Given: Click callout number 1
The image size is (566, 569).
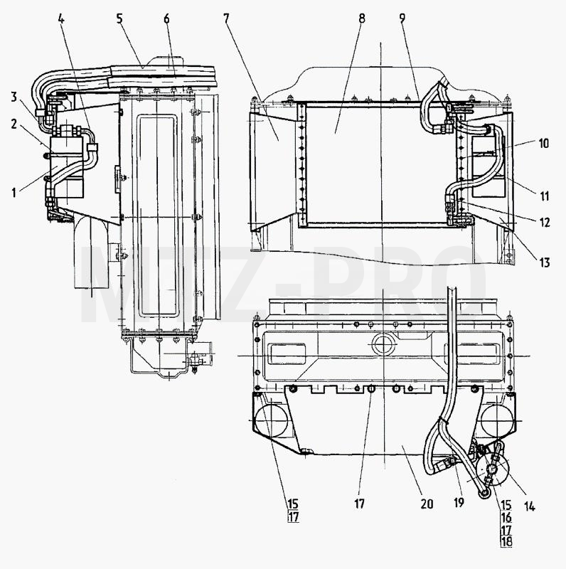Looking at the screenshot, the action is (x=14, y=193).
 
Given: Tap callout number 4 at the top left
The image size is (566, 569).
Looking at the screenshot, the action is (x=61, y=19).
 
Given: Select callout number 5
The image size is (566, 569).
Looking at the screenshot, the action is (x=119, y=19).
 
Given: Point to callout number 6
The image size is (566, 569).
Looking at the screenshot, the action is (x=166, y=19).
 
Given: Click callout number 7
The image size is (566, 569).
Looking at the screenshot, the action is (x=227, y=19).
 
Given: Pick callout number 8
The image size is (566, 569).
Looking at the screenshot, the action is (x=362, y=19).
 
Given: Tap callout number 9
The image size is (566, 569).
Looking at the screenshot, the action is (x=402, y=19).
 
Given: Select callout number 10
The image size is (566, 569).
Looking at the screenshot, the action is (x=543, y=144).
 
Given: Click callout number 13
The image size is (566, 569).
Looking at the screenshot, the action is (x=544, y=262).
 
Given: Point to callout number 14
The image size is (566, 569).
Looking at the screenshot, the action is (x=529, y=506).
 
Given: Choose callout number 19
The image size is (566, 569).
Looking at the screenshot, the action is (x=459, y=503).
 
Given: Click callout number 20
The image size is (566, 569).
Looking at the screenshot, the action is (x=427, y=504).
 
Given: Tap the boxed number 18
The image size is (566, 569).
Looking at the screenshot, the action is (x=506, y=542).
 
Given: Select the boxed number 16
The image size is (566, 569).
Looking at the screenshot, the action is (x=506, y=518).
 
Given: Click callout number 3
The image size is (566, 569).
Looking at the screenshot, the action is (x=14, y=97).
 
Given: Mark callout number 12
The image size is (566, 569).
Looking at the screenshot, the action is (x=545, y=222).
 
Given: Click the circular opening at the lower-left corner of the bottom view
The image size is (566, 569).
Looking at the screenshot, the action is (x=272, y=420).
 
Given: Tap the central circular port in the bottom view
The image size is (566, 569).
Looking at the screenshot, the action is (x=383, y=345).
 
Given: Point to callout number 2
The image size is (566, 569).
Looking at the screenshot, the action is (x=14, y=124).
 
